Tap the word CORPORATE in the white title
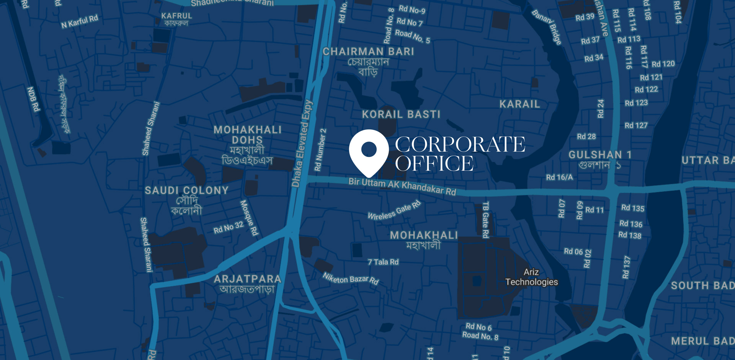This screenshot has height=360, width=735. point(460,145)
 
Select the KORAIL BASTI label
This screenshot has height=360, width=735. point(401,114)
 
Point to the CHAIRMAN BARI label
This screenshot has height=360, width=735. point(368,52)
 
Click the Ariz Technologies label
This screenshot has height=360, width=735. point(531,277)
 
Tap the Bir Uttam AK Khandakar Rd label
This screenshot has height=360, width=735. point(402,186)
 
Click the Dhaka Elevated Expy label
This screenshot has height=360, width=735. point(302,143)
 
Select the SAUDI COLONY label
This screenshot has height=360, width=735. point(186,191)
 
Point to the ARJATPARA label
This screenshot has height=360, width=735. point(247,279)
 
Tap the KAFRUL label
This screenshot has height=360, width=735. point(176,16)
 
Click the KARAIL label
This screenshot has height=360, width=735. point(519,104)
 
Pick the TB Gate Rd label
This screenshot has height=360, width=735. point(485,220)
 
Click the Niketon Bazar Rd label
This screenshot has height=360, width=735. point(350,279)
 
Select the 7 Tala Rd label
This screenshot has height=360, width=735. point(383,262)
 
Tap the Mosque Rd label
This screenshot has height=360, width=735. point(249,218)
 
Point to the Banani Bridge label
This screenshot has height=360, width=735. point(547,27)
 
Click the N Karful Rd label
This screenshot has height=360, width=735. point(80,21)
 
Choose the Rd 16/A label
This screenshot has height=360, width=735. point(559,177)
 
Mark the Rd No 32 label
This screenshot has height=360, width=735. point(229,227)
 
